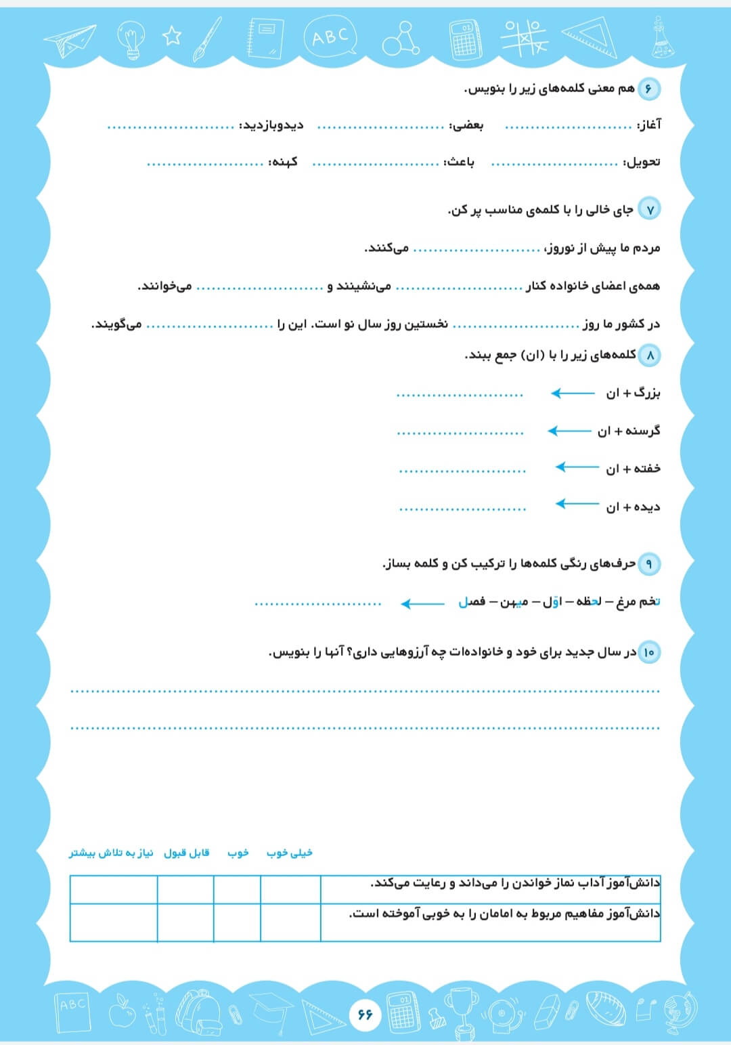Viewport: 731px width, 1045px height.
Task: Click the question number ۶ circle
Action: tap(648, 89)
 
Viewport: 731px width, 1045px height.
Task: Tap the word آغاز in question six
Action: tap(649, 125)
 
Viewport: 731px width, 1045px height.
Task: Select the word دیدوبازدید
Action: tap(273, 125)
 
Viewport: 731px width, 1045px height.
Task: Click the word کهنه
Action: tap(283, 163)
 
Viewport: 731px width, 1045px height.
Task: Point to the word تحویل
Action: tap(642, 163)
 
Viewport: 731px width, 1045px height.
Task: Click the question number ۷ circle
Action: tap(649, 209)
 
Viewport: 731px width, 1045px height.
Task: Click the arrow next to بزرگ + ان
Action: tap(573, 393)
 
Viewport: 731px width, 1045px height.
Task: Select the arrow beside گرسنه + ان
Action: tap(569, 431)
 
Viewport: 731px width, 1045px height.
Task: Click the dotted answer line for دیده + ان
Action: tap(462, 509)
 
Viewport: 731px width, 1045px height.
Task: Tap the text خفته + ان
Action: tap(633, 469)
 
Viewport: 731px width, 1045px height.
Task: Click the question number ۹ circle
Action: tap(648, 563)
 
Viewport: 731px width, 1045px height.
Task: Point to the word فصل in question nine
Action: tap(472, 601)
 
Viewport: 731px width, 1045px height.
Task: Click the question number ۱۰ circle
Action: tap(648, 652)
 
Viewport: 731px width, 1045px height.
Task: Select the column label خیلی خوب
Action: tap(290, 853)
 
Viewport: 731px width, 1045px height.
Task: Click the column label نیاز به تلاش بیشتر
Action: tap(111, 853)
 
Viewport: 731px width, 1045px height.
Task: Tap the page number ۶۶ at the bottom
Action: tap(365, 1014)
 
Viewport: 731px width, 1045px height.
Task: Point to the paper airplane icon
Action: tap(70, 40)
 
